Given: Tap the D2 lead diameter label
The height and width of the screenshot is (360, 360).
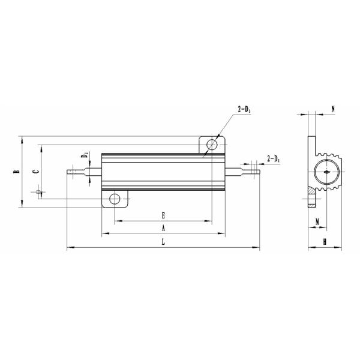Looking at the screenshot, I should coord(85,157).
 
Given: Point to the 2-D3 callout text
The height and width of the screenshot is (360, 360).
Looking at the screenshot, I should coord(245,109).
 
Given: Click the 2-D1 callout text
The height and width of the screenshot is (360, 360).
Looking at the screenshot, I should coord(273,159).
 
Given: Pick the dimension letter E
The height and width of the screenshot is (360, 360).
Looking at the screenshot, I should coord(163,214).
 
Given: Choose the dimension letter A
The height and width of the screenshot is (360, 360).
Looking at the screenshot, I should coord(163,228).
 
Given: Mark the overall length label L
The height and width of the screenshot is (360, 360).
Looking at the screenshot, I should coord(163,241).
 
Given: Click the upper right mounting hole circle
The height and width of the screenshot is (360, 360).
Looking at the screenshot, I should coord(212,145).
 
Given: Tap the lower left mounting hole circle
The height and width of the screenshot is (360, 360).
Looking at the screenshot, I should coord(115,199).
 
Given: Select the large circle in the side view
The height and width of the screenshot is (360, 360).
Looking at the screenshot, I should coord(326,172).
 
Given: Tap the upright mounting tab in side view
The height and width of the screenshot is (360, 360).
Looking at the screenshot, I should coord(311,150).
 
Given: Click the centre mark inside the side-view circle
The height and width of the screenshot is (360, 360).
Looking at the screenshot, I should coord(326,172).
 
